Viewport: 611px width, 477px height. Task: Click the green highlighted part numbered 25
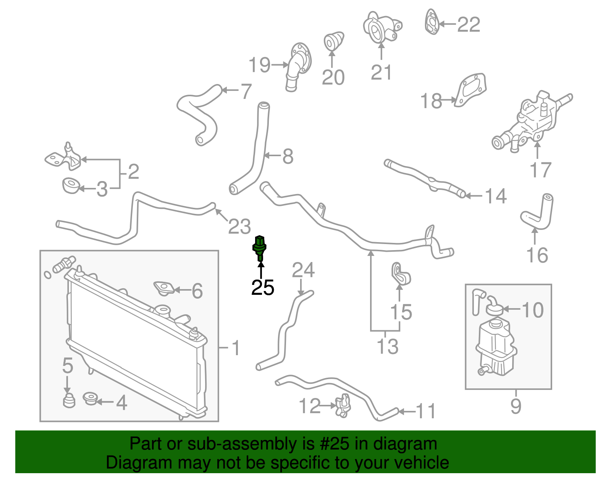260,247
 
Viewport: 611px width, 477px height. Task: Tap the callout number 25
263,288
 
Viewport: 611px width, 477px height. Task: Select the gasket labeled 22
432,22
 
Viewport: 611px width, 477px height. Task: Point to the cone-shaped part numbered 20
333,41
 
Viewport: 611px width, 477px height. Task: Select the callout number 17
540,170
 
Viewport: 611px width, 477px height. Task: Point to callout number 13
387,346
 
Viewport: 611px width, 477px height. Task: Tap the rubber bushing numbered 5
68,400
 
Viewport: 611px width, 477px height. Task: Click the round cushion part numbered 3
71,186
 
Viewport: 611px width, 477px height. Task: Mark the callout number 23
239,226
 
